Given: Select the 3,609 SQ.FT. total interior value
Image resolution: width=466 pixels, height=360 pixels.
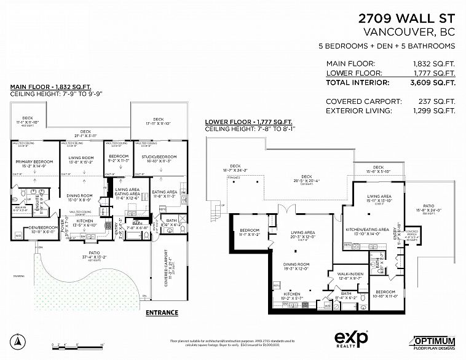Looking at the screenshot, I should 433,82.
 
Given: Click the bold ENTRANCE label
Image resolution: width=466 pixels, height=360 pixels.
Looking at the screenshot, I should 162,312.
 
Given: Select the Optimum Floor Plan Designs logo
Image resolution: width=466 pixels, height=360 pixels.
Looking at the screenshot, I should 434,342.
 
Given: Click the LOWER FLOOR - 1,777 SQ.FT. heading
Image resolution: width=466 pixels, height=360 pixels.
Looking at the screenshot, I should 248,122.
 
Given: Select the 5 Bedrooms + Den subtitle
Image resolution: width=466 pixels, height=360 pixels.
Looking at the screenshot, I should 386,46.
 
